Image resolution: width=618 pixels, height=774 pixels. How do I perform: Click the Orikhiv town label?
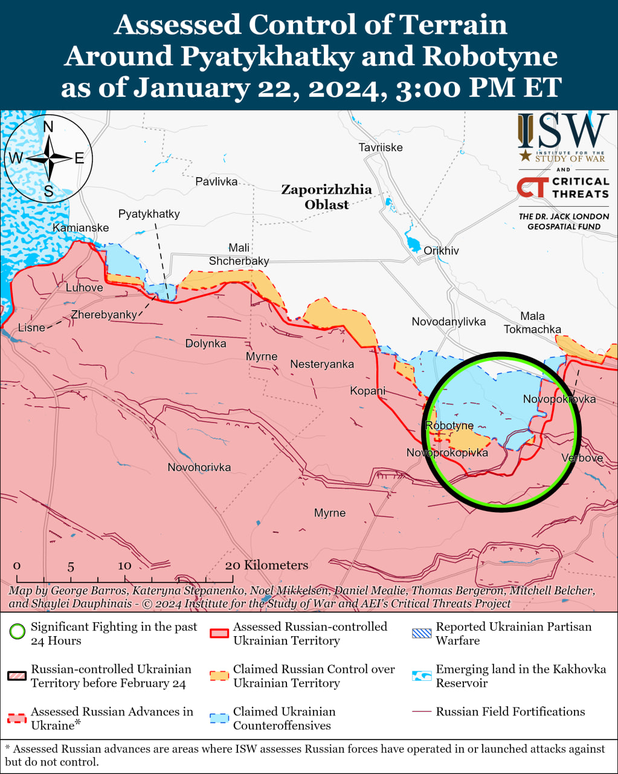pyautogui.click(x=441, y=250)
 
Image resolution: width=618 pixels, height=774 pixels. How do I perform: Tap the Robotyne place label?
pyautogui.click(x=449, y=426)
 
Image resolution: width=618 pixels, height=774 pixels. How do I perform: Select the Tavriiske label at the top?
pyautogui.click(x=380, y=148)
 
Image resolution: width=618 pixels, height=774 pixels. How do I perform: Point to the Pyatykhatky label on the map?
pyautogui.click(x=149, y=214)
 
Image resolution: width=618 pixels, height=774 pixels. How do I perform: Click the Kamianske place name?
pyautogui.click(x=81, y=228)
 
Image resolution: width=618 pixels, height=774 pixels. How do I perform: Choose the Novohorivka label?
pyautogui.click(x=199, y=467)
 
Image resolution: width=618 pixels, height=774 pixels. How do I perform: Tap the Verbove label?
pyautogui.click(x=582, y=458)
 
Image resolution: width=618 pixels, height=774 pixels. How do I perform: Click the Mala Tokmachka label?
pyautogui.click(x=532, y=323)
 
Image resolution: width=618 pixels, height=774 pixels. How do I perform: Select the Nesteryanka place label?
pyautogui.click(x=322, y=364)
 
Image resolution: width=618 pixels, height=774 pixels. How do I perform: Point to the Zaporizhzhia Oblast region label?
pyautogui.click(x=326, y=197)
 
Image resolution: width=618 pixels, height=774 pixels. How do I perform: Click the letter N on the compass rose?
pyautogui.click(x=48, y=126)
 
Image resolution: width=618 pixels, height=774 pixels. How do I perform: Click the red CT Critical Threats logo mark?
pyautogui.click(x=532, y=187)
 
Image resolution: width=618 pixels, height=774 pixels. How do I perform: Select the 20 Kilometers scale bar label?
pyautogui.click(x=266, y=565)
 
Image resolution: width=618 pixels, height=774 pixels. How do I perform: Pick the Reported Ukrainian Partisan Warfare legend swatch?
pyautogui.click(x=422, y=634)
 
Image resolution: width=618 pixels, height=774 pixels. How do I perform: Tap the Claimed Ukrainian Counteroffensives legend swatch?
pyautogui.click(x=219, y=718)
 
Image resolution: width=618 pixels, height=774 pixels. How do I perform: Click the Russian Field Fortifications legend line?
pyautogui.click(x=422, y=712)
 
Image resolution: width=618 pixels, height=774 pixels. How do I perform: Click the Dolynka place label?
pyautogui.click(x=205, y=343)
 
